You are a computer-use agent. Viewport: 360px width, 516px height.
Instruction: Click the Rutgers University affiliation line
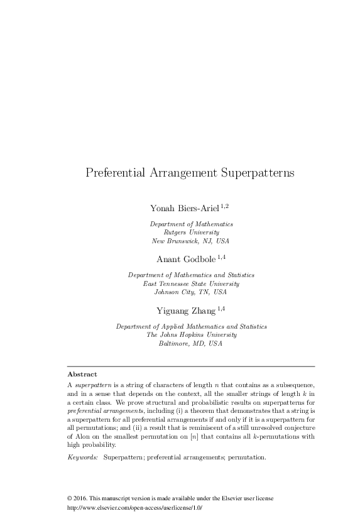(191, 233)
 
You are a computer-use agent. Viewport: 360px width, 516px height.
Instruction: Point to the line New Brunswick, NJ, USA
(191, 241)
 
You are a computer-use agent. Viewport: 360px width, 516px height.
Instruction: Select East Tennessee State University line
(191, 284)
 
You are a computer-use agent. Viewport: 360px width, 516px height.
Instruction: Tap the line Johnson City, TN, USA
(191, 292)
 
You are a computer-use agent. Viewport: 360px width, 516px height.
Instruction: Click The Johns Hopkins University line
(191, 335)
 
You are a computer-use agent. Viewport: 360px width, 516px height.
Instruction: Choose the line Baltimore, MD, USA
(191, 344)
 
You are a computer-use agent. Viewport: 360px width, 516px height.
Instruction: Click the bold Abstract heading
(82, 374)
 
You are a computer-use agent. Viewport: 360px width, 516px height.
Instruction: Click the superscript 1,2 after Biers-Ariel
(225, 206)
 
